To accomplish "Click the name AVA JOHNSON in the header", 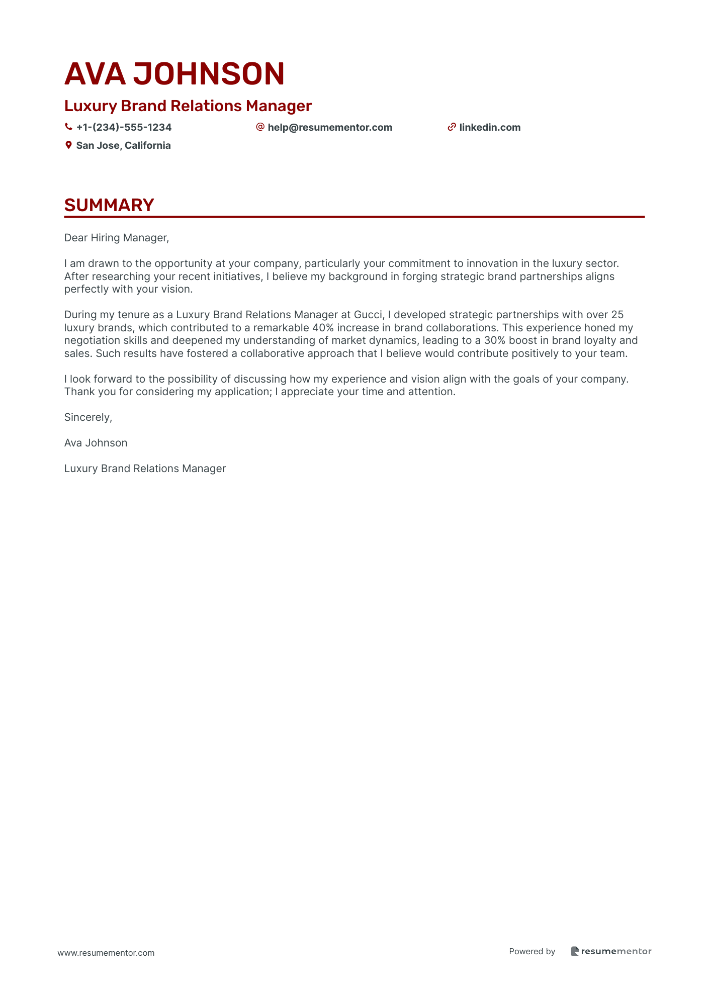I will [x=174, y=73].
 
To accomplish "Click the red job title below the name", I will [x=188, y=106].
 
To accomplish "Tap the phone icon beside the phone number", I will [x=68, y=127].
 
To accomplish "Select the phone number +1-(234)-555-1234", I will [x=124, y=128].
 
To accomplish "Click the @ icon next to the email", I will [x=260, y=127].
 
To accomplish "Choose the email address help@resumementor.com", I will [x=330, y=128].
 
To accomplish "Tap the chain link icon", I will [x=452, y=127].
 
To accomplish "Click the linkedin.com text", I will [x=490, y=128].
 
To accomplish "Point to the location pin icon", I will [x=68, y=145].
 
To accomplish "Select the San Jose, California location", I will [x=123, y=146].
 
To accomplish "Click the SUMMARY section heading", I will [x=109, y=205].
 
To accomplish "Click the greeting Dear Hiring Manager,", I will [x=117, y=238].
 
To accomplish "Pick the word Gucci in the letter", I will [x=369, y=315].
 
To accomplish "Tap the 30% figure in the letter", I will [x=495, y=340].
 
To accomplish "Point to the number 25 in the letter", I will [x=617, y=315].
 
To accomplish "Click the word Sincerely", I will [x=88, y=417].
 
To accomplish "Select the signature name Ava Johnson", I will [x=96, y=443].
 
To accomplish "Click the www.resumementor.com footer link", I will [x=106, y=953].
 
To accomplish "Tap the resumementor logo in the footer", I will [x=611, y=951].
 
